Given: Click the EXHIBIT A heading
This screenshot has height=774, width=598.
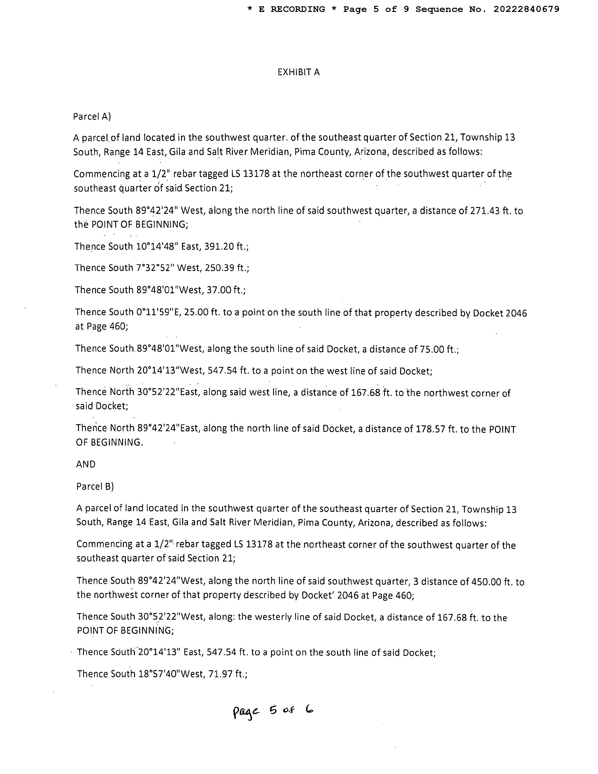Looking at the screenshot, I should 298,72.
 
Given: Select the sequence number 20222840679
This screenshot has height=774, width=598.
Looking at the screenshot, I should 527,9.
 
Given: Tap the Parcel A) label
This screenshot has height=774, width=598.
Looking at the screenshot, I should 92,117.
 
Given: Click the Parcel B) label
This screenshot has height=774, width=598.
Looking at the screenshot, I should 95,486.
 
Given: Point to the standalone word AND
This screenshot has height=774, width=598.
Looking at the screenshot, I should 86,464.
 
